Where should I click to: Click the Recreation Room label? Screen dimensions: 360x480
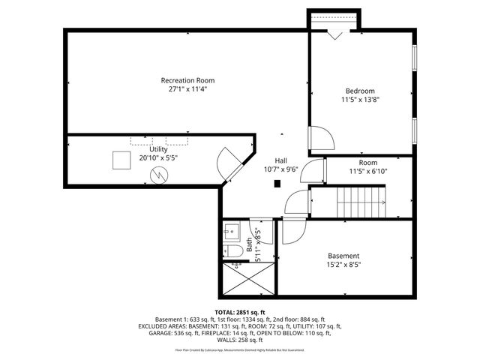click(187, 80)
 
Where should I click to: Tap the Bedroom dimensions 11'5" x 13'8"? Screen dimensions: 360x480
click(360, 100)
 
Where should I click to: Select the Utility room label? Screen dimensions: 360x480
click(158, 149)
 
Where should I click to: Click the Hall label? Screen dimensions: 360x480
click(280, 160)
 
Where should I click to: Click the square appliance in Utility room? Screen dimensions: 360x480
click(121, 160)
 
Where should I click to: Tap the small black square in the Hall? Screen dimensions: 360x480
click(277, 183)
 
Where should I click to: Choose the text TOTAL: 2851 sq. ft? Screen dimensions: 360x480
click(240, 312)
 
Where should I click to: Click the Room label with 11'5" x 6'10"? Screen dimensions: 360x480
click(367, 163)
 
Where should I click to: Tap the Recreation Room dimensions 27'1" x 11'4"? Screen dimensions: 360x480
click(187, 88)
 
